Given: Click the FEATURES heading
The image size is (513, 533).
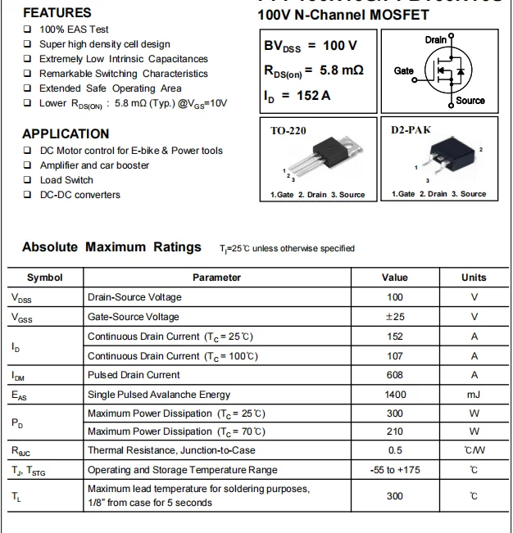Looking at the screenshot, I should (x=57, y=13).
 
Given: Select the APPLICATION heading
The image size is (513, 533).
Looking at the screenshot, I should (x=66, y=133).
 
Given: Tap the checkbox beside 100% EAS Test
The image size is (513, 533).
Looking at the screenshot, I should (x=28, y=29).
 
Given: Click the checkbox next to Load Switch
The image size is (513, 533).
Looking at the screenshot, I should (x=28, y=180).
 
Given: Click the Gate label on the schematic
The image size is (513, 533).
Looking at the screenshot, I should (x=404, y=71).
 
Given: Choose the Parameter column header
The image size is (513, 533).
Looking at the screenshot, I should (x=216, y=278).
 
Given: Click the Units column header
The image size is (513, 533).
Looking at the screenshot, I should (x=474, y=278).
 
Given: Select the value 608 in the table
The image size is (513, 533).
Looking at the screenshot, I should (x=395, y=375).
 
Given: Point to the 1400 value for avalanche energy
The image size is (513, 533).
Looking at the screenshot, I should (x=395, y=395).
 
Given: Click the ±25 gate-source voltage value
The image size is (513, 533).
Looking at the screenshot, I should (x=395, y=317).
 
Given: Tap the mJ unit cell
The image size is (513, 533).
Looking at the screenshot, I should (x=474, y=395).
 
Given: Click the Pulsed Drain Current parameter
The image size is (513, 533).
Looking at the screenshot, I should (x=134, y=375).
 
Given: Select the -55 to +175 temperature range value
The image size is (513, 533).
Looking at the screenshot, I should (x=395, y=470).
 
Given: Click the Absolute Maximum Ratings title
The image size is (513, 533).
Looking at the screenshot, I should (x=111, y=246).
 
